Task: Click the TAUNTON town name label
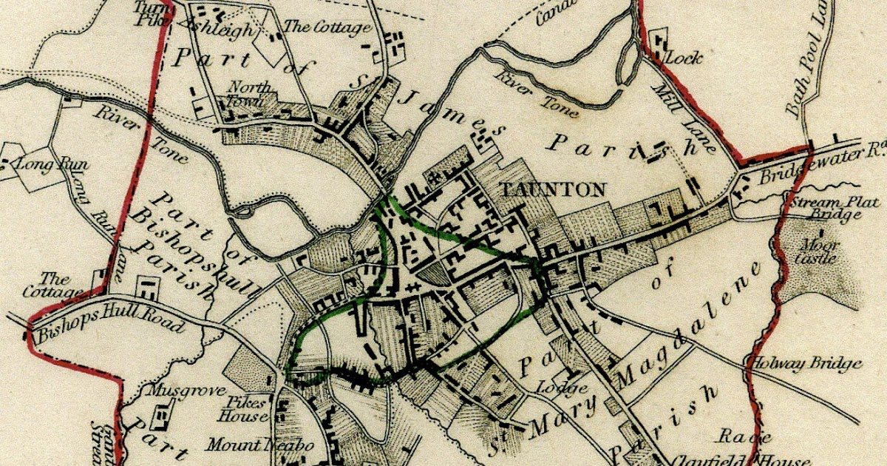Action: click(554, 189)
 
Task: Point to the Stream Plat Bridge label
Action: click(825, 209)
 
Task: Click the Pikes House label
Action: click(245, 409)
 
